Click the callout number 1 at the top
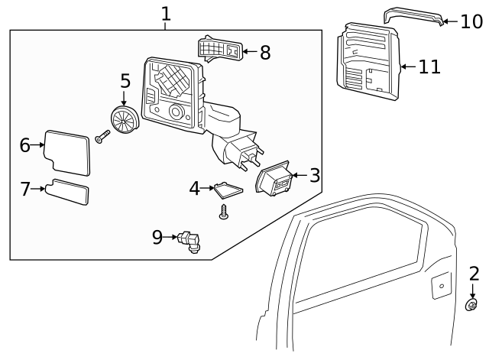(166, 13)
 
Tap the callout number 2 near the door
(474, 274)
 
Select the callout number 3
(314, 176)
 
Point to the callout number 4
(195, 188)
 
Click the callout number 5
(125, 82)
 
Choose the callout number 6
(25, 144)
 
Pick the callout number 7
(26, 189)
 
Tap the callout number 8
(264, 52)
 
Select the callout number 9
(157, 237)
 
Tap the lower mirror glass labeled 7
(67, 192)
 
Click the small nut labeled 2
(472, 306)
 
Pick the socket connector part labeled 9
(189, 242)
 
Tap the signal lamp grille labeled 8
(220, 49)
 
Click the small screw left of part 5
(102, 138)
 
